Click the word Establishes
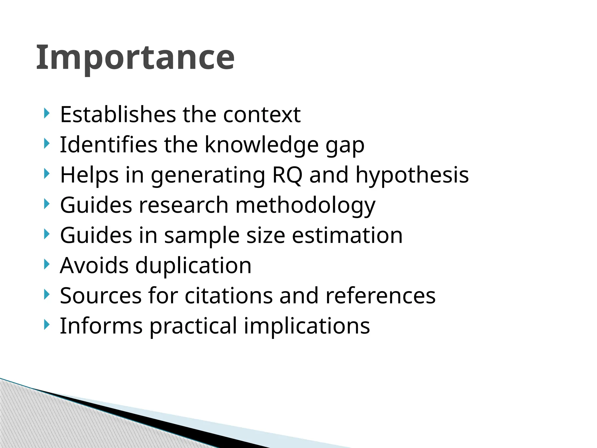(x=118, y=114)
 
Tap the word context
(x=262, y=114)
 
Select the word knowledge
(x=262, y=145)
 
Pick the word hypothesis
(x=412, y=176)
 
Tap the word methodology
(x=305, y=206)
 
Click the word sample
(x=202, y=236)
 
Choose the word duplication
(x=193, y=266)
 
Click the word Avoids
(x=94, y=266)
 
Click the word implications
(x=307, y=326)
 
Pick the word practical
(x=193, y=326)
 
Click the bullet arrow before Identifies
(x=46, y=143)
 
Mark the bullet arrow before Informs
(x=46, y=325)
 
